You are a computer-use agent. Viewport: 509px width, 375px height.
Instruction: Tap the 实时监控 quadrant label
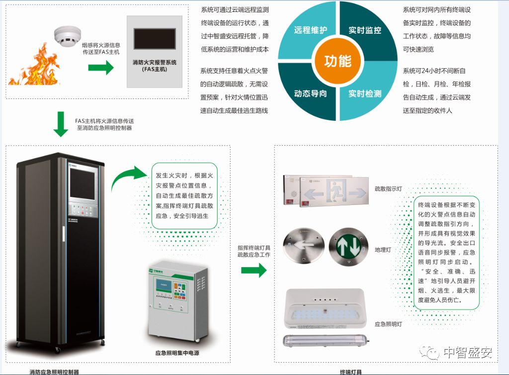pos(365,30)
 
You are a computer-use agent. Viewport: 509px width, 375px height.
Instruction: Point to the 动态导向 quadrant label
pos(311,94)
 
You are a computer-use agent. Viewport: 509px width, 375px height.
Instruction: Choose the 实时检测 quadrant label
pos(365,94)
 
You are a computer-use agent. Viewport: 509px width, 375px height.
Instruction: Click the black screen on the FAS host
pos(155,39)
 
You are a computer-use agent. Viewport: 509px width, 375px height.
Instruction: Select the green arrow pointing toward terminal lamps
pos(254,271)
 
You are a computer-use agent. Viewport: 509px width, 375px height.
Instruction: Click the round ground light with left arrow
pos(303,246)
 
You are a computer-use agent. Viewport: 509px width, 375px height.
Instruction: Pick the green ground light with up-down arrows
pos(348,246)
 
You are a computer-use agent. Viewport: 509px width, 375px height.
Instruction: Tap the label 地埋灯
pos(382,250)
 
